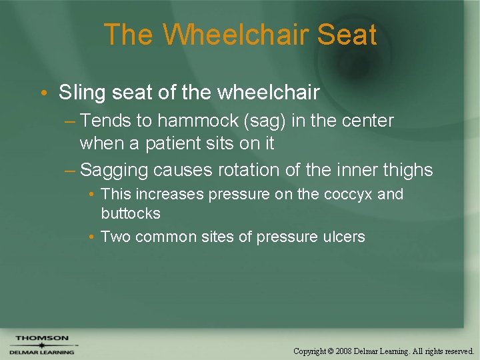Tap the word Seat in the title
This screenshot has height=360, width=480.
click(347, 35)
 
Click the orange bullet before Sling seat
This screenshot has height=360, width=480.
click(44, 93)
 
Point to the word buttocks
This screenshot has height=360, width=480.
click(131, 213)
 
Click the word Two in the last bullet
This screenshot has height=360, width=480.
click(115, 237)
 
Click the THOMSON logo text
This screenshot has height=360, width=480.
click(42, 338)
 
